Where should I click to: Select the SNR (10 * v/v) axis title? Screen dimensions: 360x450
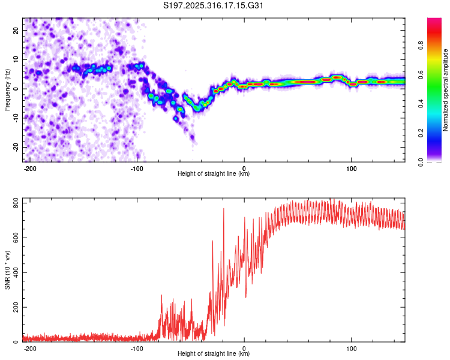click(7, 270)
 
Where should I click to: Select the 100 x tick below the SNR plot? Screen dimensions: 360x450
click(351, 349)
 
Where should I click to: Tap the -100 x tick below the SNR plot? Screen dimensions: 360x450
click(136, 349)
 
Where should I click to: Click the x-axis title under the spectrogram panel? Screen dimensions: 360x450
click(214, 174)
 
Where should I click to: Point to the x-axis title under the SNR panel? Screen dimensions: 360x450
click(214, 354)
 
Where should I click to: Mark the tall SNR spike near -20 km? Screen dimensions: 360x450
click(223, 209)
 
